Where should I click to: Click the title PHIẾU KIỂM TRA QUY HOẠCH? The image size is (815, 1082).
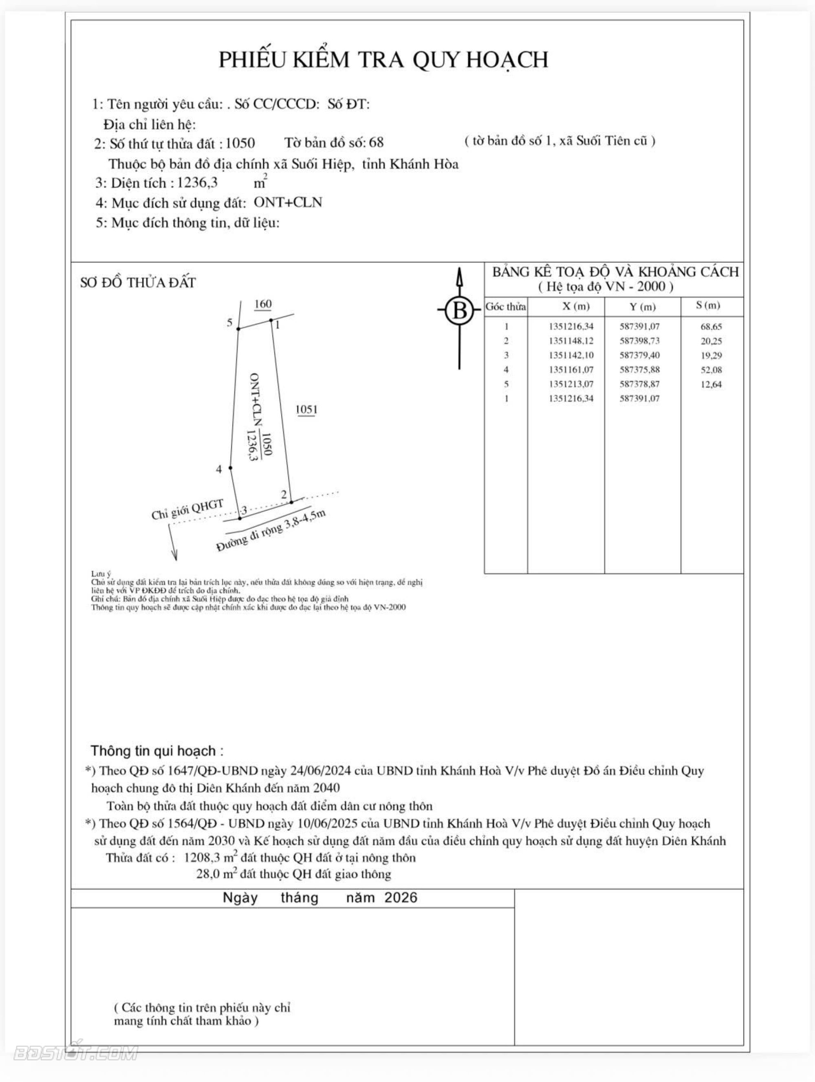click(383, 59)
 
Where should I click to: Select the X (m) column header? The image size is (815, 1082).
click(576, 307)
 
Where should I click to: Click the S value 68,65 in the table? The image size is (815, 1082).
click(711, 327)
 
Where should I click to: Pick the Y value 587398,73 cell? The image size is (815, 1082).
click(639, 341)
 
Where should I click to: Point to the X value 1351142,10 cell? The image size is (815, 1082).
click(571, 355)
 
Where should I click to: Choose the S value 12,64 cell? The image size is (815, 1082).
click(711, 384)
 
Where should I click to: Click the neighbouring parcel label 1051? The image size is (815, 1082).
click(307, 409)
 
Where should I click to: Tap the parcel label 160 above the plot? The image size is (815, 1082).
click(263, 304)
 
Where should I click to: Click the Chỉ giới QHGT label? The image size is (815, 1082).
click(187, 509)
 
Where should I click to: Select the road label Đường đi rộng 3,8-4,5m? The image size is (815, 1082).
click(271, 531)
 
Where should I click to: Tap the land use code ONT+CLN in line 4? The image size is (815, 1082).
click(288, 202)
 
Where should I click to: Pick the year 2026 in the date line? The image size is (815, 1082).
click(401, 897)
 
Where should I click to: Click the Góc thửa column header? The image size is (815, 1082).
click(505, 307)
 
